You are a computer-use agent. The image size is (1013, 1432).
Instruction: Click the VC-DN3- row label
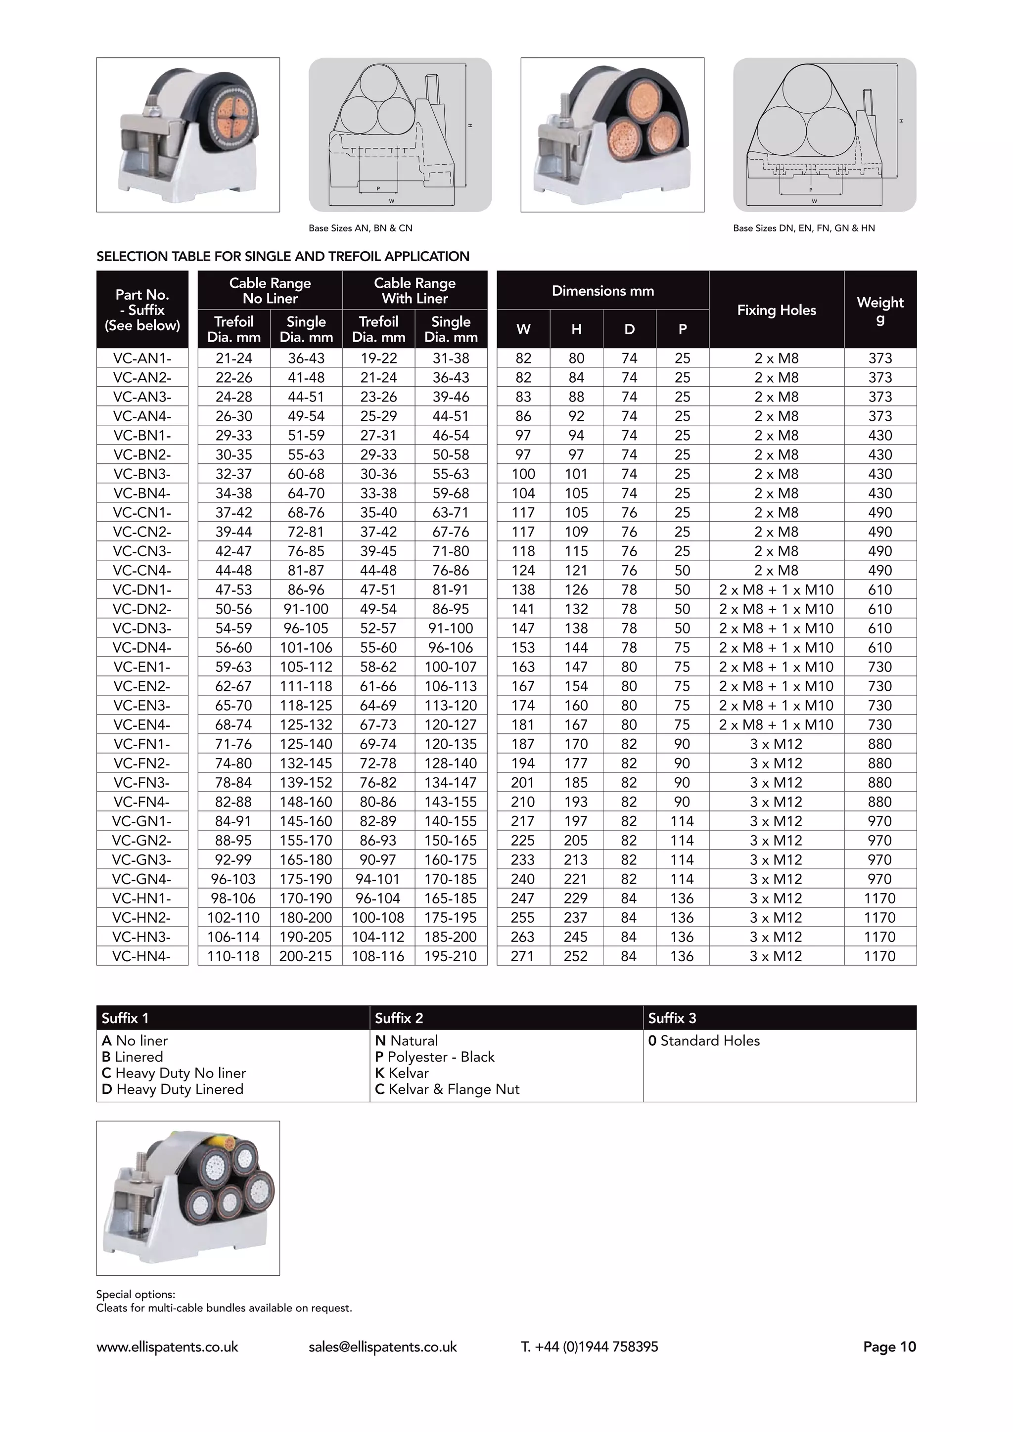coord(142,628)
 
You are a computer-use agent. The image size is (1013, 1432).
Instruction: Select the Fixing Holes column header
coord(776,310)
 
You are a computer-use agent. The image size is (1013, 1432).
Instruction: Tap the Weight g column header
coord(879,310)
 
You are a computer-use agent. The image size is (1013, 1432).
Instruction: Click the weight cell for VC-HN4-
coord(879,956)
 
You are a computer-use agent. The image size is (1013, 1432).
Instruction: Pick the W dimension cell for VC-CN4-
coord(523,571)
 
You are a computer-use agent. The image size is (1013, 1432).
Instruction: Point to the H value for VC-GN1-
coord(576,821)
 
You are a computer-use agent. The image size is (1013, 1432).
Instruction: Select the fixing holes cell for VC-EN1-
coord(776,667)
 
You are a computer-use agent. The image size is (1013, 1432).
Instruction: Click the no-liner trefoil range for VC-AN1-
coord(234,358)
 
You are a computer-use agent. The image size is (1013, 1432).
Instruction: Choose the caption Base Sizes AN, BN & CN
coord(361,228)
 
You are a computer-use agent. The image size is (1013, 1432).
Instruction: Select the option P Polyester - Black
coord(435,1057)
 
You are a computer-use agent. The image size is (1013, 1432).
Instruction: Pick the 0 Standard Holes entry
coord(704,1041)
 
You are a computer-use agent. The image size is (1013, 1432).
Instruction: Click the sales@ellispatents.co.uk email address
coord(382,1347)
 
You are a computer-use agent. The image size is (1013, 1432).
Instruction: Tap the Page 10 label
coord(889,1347)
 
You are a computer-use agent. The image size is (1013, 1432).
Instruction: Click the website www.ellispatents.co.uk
coord(167,1347)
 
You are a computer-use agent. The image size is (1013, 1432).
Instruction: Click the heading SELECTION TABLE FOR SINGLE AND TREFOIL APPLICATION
coord(282,256)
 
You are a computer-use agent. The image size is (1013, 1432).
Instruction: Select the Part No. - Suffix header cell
coord(142,310)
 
